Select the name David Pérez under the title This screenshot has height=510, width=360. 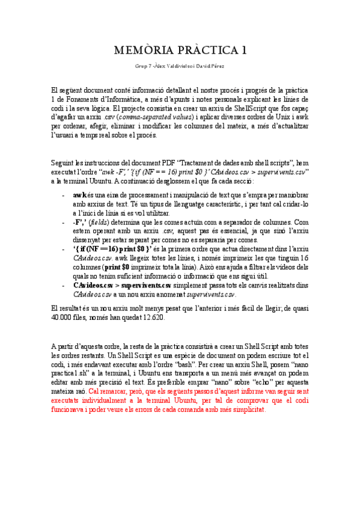tap(216, 66)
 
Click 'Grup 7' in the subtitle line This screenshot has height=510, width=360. tap(145, 66)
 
